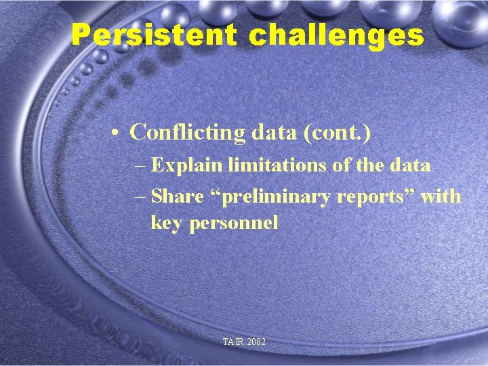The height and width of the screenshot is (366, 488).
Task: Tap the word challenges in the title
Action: [336, 35]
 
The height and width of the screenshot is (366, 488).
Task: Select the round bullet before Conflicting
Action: [117, 133]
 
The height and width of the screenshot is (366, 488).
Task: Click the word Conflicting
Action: [188, 132]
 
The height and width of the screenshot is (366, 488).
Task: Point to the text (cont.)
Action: [337, 132]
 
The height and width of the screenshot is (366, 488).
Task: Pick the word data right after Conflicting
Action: [274, 132]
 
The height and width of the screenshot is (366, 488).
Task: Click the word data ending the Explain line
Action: [410, 165]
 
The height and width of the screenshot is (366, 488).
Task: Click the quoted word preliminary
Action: [268, 197]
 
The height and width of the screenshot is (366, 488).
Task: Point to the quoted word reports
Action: [376, 197]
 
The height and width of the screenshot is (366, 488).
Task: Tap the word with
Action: [441, 197]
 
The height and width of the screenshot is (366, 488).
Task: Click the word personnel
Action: [234, 223]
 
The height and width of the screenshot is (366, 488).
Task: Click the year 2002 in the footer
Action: [256, 342]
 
